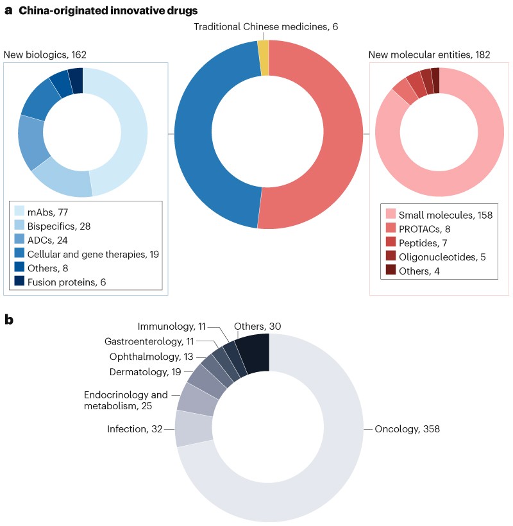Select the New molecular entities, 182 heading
pyautogui.click(x=429, y=55)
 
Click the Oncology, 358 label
pyautogui.click(x=407, y=428)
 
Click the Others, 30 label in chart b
pyautogui.click(x=257, y=327)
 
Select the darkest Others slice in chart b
pyautogui.click(x=254, y=353)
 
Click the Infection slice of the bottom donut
pyautogui.click(x=194, y=428)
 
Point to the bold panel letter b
pyautogui.click(x=9, y=319)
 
